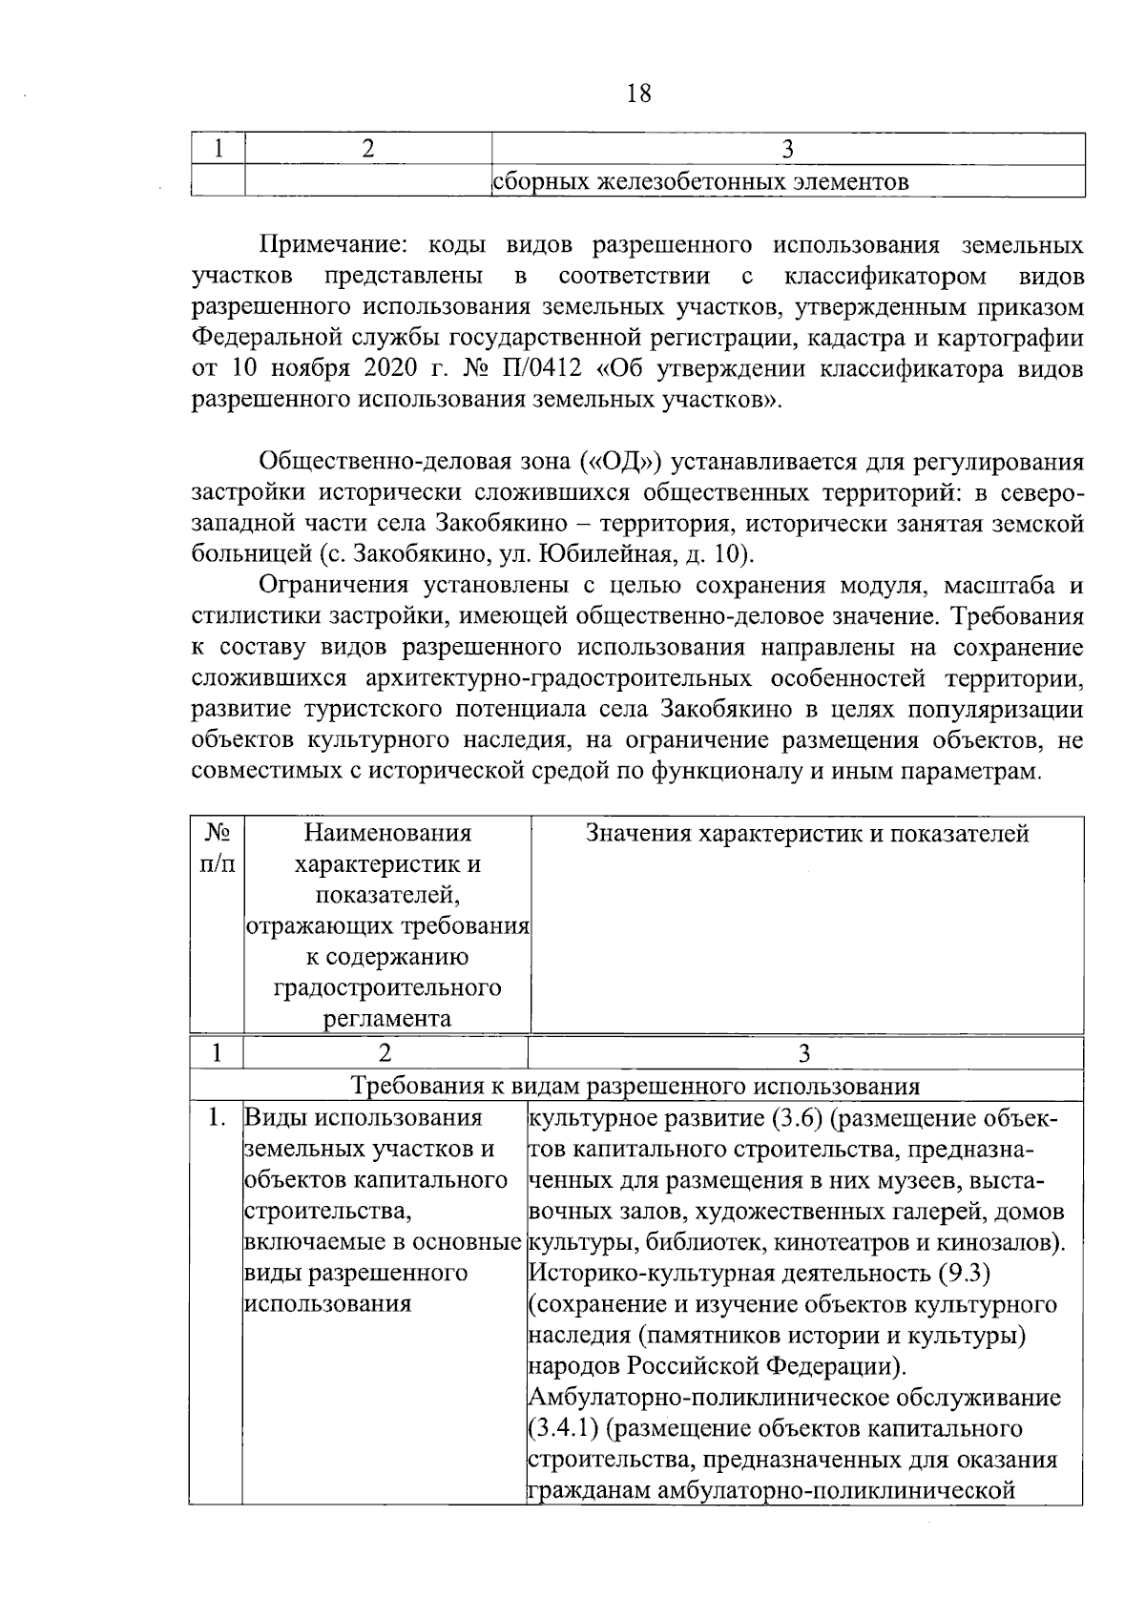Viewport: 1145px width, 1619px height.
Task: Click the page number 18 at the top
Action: click(639, 93)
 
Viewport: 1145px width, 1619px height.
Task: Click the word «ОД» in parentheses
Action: click(621, 463)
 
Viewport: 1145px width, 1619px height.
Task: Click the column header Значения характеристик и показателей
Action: click(806, 834)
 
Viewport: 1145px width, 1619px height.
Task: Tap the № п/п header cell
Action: click(217, 847)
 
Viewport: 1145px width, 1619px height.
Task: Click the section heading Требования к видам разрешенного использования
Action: click(635, 1086)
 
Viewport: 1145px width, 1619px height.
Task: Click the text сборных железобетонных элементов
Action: click(699, 181)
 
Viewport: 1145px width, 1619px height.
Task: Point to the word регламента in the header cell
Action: click(386, 1018)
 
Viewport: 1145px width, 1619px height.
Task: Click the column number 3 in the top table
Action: click(787, 149)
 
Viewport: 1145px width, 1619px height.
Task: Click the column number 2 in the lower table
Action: click(385, 1052)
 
